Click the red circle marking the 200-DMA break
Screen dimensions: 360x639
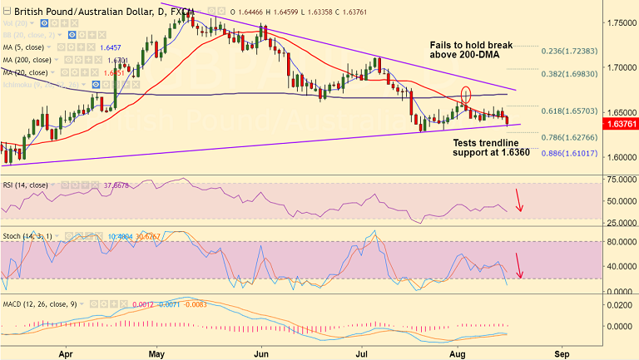[465, 95]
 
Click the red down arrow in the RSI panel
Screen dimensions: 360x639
[519, 200]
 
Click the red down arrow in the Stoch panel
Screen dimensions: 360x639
[519, 264]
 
